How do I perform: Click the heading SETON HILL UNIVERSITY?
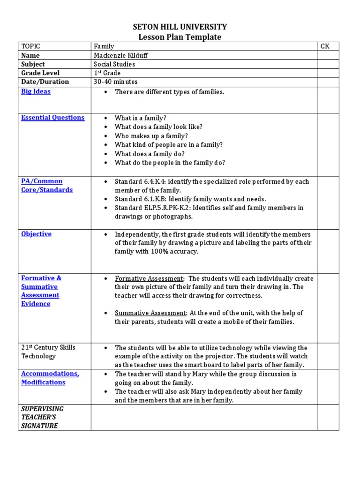tap(180, 27)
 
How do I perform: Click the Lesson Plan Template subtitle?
tap(180, 37)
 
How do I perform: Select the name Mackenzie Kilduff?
tap(120, 55)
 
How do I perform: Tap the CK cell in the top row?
tap(325, 46)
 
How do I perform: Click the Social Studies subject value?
tap(114, 64)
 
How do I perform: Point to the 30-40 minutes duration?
tap(115, 82)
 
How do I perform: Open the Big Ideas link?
tap(36, 91)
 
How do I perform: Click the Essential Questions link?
tap(52, 118)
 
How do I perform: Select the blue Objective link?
tap(36, 234)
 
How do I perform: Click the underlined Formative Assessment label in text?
tap(149, 278)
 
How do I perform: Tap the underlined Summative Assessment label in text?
tap(151, 313)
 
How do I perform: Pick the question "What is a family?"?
tap(140, 118)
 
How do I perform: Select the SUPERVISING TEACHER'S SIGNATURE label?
tap(42, 417)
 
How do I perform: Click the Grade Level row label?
tap(40, 73)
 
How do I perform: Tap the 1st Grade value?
tap(107, 73)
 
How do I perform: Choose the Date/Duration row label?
tap(45, 82)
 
